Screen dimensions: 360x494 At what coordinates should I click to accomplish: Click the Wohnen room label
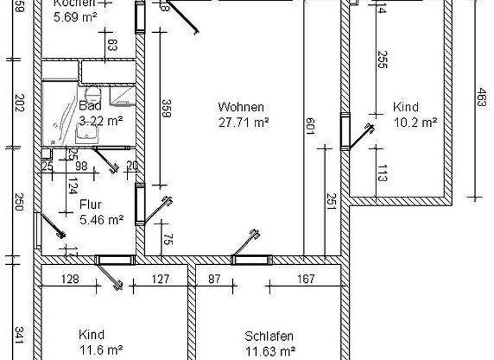pyautogui.click(x=241, y=107)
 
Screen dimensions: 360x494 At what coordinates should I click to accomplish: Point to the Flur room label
pyautogui.click(x=91, y=205)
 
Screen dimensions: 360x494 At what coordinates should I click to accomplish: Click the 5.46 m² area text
pyautogui.click(x=102, y=220)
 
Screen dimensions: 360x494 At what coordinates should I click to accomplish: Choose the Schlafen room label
pyautogui.click(x=270, y=336)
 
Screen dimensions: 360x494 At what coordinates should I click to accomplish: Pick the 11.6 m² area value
pyautogui.click(x=102, y=350)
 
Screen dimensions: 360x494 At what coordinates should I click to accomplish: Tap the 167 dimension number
pyautogui.click(x=307, y=279)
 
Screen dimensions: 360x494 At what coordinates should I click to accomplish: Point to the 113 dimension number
pyautogui.click(x=382, y=173)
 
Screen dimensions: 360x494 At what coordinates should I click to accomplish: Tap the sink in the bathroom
pyautogui.click(x=84, y=133)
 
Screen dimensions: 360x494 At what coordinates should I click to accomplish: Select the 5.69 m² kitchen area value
pyautogui.click(x=75, y=17)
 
